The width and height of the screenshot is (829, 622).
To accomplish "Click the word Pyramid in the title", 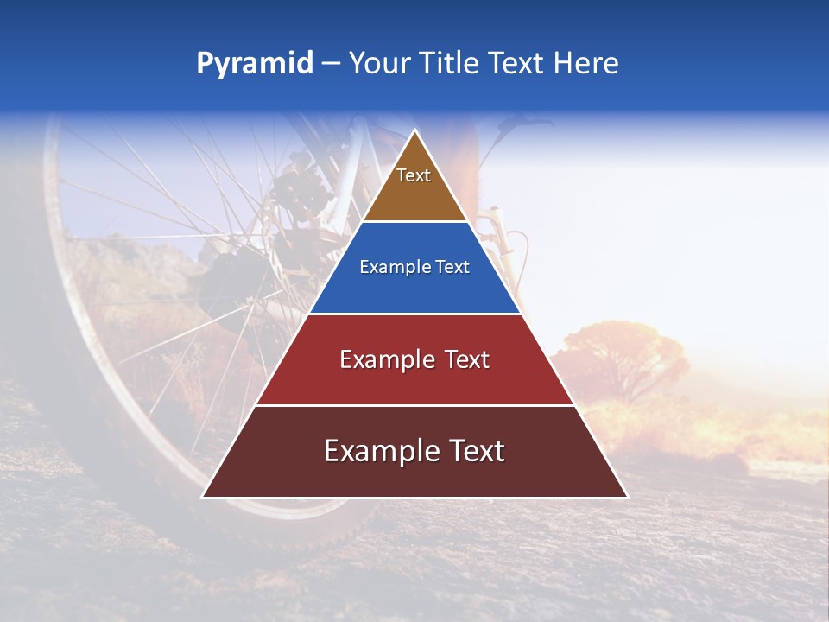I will pos(254,64).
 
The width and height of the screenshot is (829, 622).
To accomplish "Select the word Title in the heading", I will pos(450,64).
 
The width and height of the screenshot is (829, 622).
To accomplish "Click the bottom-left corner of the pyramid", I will pos(204,497).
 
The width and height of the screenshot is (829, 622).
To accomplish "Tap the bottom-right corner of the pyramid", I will pos(626,497).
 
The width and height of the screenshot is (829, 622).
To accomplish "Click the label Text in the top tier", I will pos(414,175).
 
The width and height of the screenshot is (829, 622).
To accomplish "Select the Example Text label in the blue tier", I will pos(414,267).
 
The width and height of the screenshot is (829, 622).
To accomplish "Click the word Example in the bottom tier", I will pos(377,451).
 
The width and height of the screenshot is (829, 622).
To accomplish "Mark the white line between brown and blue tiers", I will pos(414,222).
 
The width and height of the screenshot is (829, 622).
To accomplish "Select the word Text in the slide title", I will pos(516,64).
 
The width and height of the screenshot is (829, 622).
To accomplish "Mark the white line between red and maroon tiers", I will pos(414,405).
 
